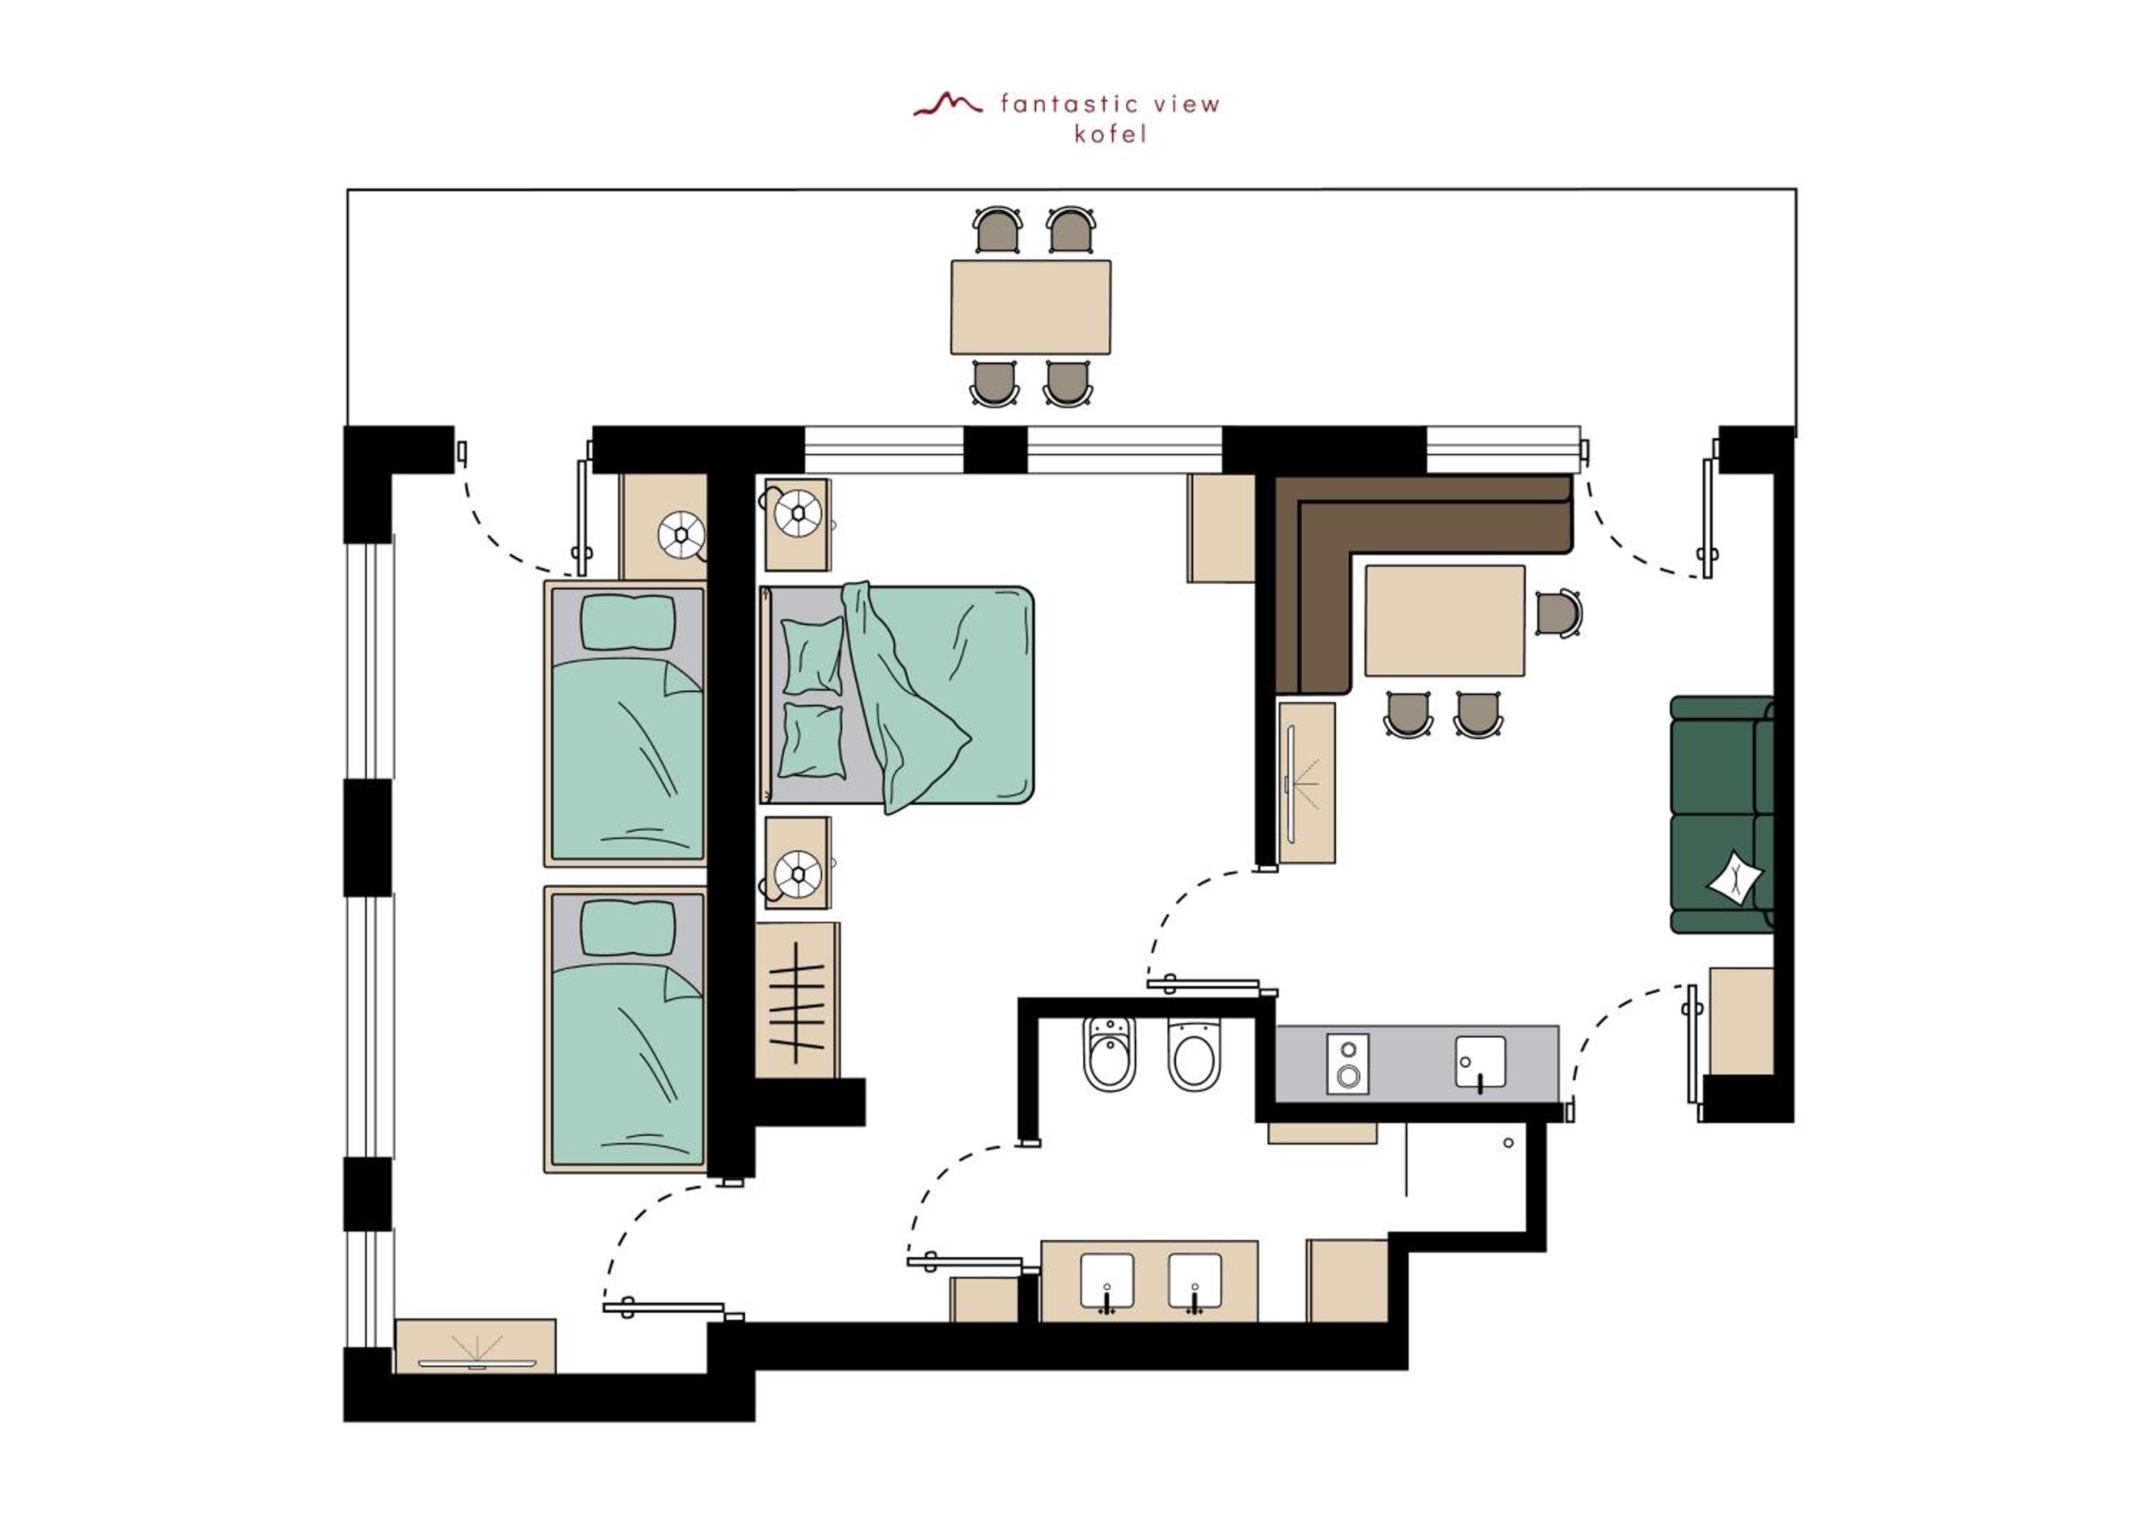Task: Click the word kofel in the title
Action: pos(1110,134)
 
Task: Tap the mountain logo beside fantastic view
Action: pos(948,103)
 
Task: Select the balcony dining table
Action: pos(1031,307)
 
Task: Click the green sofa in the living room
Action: pos(1721,814)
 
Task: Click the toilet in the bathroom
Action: pos(1193,1055)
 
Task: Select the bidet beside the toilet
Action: pos(1110,1055)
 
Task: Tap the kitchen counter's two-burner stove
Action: pos(1347,1063)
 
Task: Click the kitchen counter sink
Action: pos(1480,1062)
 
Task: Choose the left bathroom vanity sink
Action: pos(1107,1282)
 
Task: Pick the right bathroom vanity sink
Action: pos(1195,1282)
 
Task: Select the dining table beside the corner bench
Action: pos(1444,620)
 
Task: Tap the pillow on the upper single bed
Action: pos(627,622)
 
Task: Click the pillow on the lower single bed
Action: pos(627,928)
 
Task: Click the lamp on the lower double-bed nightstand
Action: pos(798,873)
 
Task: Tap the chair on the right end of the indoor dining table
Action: pos(1558,614)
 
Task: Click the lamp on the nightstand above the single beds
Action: pos(682,535)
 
